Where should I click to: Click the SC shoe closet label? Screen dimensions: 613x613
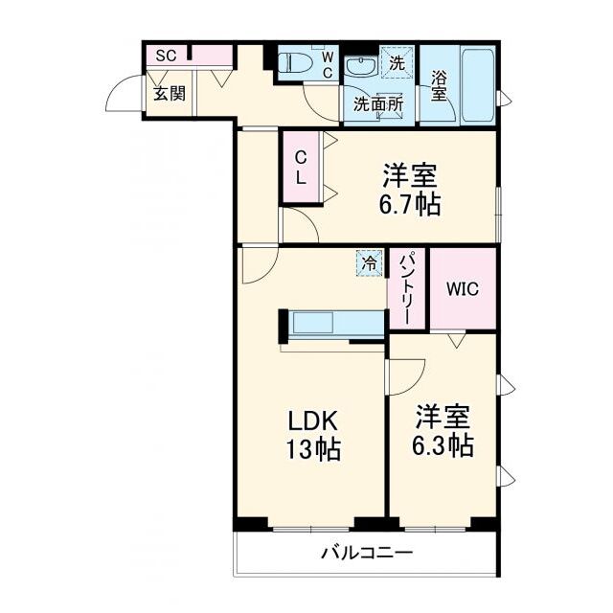pos(166,56)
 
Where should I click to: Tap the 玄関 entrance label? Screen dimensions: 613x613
pos(170,94)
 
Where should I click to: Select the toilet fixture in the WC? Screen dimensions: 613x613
pos(294,63)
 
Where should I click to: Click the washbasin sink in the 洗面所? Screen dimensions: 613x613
pos(362,66)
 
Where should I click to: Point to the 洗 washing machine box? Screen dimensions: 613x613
pos(397,62)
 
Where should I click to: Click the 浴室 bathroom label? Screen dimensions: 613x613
pos(439,86)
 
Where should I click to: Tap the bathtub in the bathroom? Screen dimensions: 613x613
pos(478,85)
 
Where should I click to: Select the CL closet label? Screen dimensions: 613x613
pos(300,169)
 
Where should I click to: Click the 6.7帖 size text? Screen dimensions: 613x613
pos(410,204)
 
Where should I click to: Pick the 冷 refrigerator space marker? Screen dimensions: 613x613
pos(369,263)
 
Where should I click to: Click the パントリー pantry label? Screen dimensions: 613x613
pos(406,289)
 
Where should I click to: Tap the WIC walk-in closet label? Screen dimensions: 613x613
pos(463,289)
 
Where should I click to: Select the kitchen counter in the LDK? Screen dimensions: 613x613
pos(332,325)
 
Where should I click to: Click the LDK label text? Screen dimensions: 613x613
pos(313,421)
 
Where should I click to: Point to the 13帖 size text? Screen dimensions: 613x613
pos(313,449)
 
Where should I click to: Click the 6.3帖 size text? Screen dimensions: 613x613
pos(443,445)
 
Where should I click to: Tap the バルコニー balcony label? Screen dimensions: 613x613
pos(367,554)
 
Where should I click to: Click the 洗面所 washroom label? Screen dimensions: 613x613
pos(378,104)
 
